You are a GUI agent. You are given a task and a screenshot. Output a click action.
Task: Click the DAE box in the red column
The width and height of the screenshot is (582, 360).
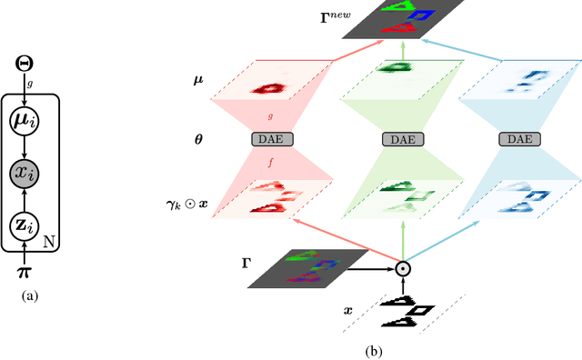269,139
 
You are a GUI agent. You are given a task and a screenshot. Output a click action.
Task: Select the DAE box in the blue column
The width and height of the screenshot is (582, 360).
519,139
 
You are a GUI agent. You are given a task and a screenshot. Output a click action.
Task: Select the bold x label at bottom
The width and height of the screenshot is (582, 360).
347,309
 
